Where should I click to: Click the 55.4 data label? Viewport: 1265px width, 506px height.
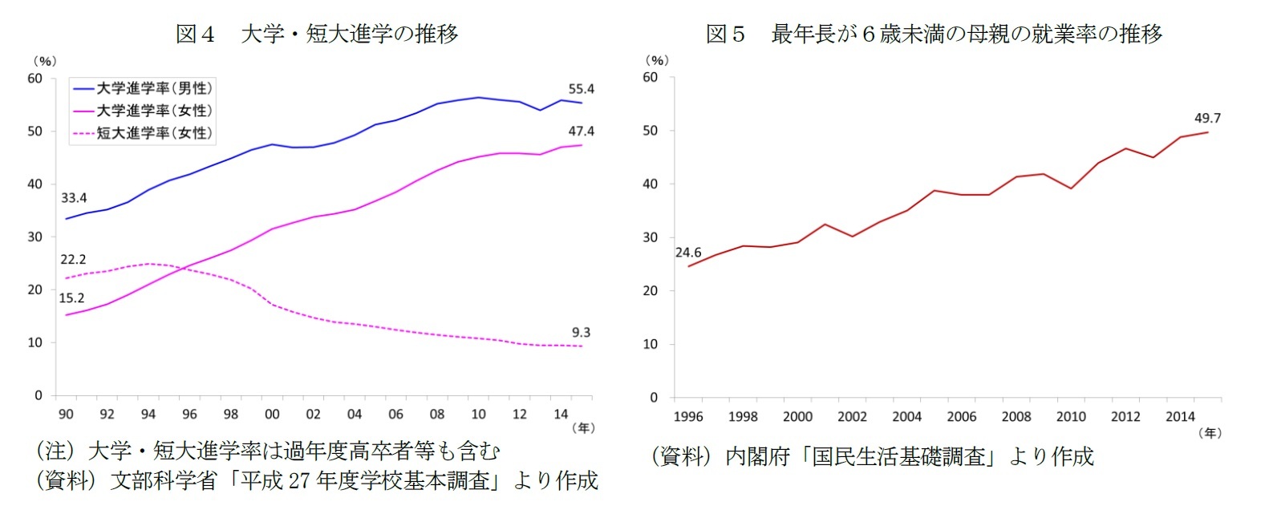[581, 89]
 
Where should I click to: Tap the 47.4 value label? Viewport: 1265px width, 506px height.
[581, 131]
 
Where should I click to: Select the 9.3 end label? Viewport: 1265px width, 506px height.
[581, 332]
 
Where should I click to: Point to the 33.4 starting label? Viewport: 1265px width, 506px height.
[74, 197]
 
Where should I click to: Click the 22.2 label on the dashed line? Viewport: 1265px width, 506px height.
[73, 259]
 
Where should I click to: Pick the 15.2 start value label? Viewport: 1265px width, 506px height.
[71, 298]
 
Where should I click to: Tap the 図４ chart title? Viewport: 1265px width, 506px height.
[317, 34]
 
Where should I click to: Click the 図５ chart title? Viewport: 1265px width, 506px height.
[934, 34]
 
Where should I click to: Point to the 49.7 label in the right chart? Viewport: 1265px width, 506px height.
[1207, 118]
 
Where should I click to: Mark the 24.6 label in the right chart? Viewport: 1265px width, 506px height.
[688, 253]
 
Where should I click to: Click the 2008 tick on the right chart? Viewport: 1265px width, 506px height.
[1016, 416]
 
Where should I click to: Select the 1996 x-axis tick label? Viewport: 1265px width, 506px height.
[688, 416]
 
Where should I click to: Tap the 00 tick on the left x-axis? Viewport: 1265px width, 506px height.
[272, 414]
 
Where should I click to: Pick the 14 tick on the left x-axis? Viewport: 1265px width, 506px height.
[561, 414]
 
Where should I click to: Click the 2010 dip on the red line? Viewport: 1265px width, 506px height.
[1071, 188]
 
